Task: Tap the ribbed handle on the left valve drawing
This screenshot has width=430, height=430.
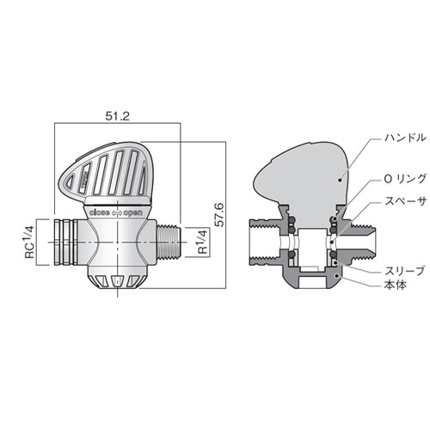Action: point(103,172)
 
